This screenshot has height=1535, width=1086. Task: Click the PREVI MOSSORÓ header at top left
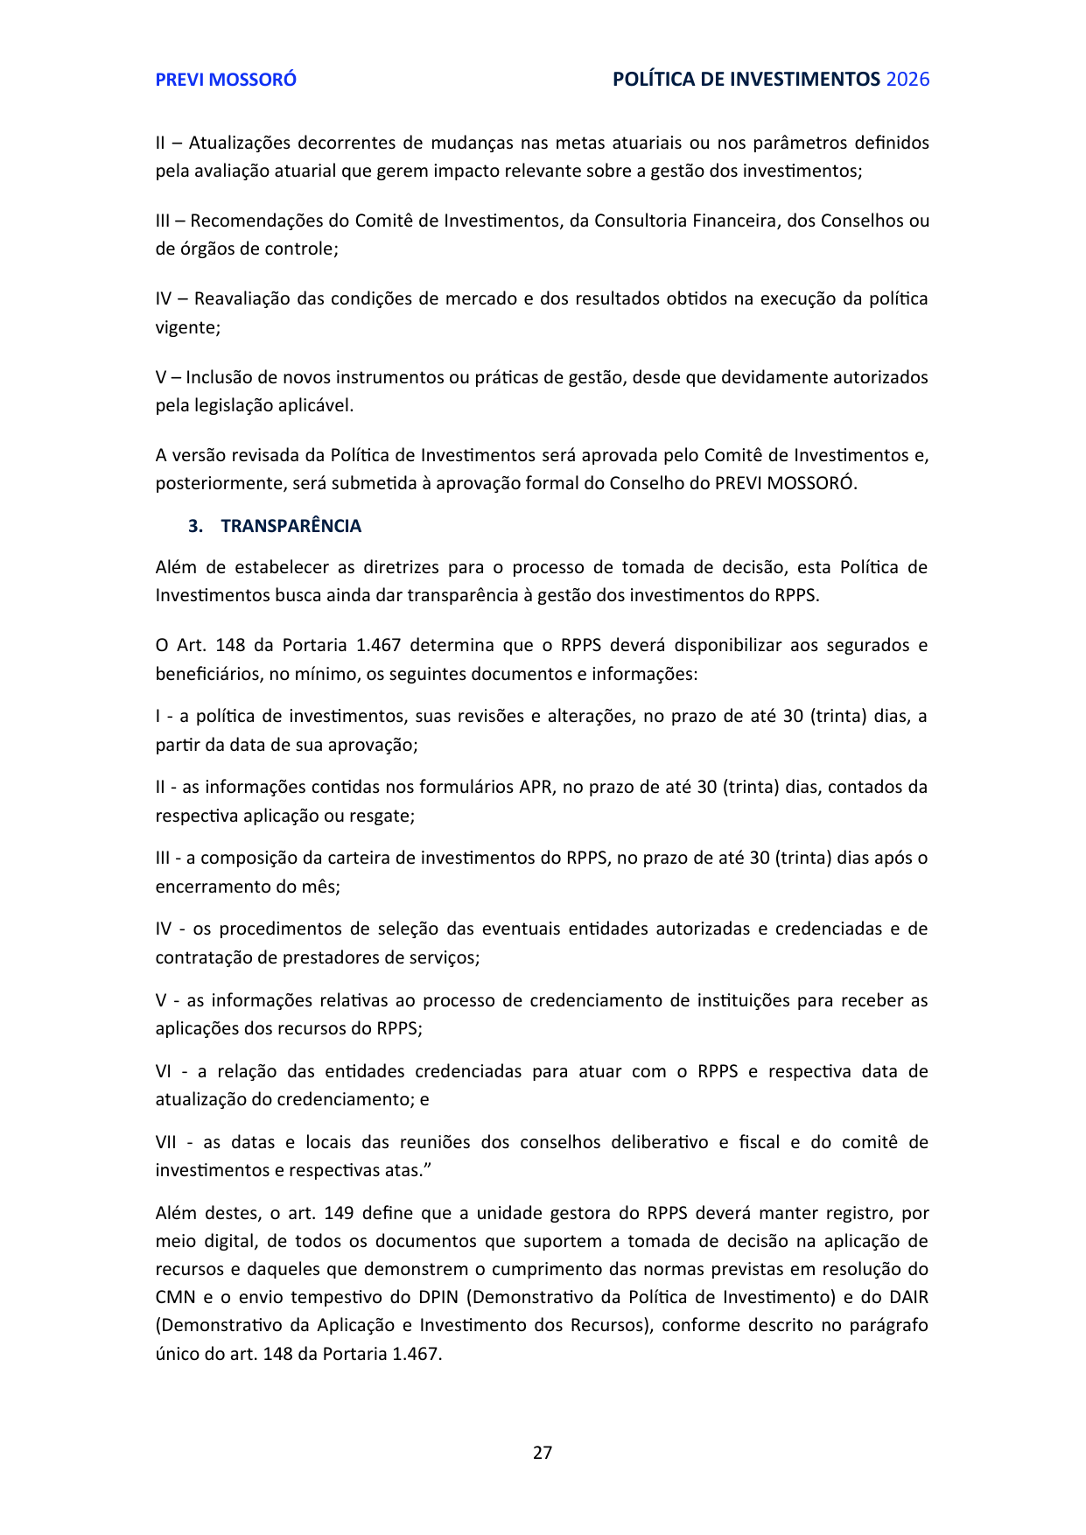click(226, 80)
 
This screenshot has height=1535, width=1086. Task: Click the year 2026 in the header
click(907, 80)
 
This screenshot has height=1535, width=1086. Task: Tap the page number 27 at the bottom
click(543, 1453)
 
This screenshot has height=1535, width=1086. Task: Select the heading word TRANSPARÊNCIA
click(291, 526)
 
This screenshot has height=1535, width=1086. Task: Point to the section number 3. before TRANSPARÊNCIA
click(195, 526)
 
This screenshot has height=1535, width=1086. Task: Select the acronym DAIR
click(908, 1297)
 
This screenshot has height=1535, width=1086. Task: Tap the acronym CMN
click(175, 1297)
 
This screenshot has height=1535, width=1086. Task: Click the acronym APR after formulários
click(536, 787)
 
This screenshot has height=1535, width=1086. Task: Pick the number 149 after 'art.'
click(339, 1213)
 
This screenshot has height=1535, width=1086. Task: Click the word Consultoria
click(641, 221)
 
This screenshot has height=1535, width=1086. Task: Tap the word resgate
click(383, 816)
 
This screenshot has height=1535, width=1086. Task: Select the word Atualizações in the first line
click(238, 143)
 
